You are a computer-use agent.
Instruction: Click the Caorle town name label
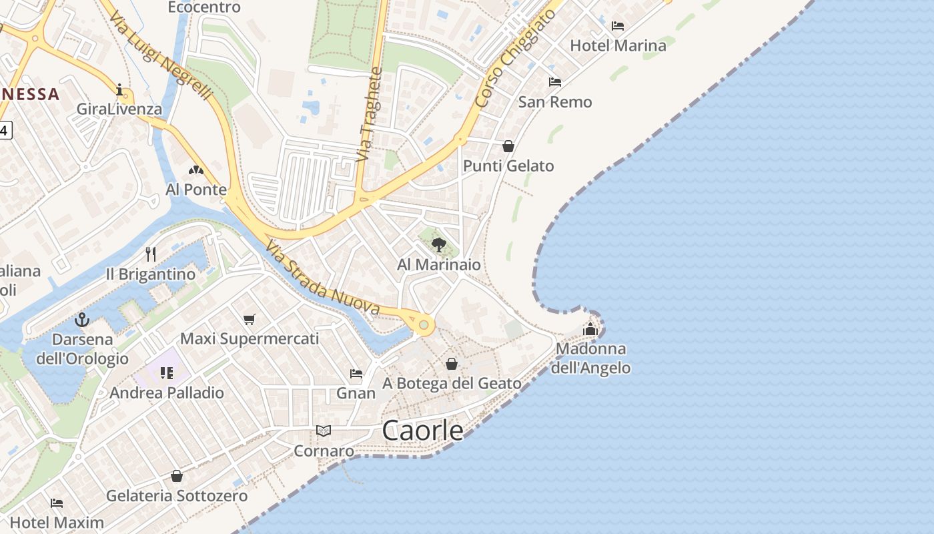pos(422,431)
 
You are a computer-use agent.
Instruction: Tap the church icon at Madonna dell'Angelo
pos(590,329)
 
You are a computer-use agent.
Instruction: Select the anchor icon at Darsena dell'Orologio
pos(82,320)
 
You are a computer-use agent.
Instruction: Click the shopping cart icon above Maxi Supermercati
pos(249,319)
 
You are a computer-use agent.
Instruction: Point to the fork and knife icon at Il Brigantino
pos(151,254)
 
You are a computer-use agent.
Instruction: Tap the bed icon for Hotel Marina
pos(618,26)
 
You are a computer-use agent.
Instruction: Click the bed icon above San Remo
pos(554,82)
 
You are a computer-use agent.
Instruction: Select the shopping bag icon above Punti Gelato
pos(508,146)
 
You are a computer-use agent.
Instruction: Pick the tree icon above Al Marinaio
pos(438,245)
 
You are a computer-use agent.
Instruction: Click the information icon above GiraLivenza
pos(120,89)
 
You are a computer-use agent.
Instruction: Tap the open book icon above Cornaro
pos(324,431)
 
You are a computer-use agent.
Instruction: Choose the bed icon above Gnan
pos(356,374)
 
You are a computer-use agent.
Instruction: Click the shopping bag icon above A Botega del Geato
pos(452,364)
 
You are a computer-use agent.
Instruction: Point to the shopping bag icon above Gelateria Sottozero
pos(177,476)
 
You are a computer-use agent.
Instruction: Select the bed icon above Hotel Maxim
pos(57,503)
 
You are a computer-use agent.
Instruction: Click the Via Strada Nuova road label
pos(323,278)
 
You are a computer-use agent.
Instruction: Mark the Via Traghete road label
pos(369,113)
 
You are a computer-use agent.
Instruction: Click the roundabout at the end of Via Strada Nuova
pos(424,325)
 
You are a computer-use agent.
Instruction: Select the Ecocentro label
pos(203,7)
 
